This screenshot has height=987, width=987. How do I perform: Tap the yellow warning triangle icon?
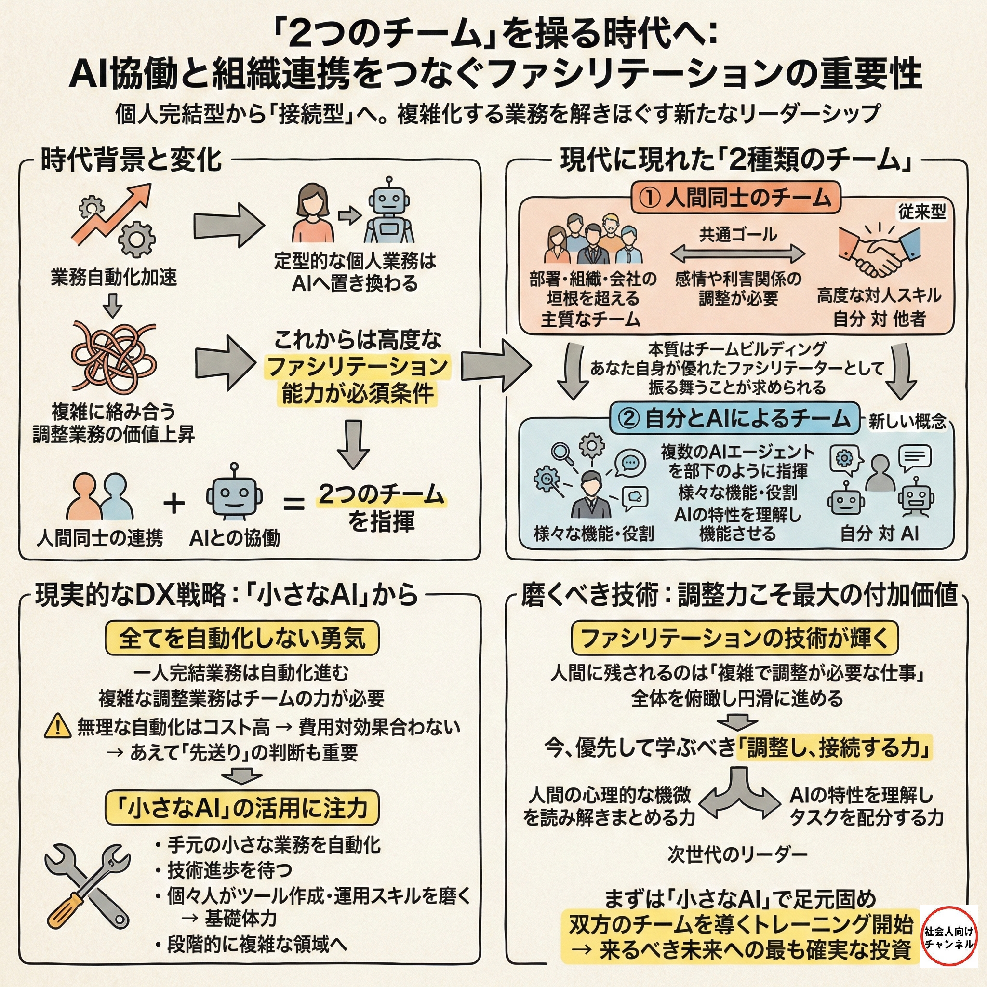click(58, 726)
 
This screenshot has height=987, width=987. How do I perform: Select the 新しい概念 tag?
click(907, 422)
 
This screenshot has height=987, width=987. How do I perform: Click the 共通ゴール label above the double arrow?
click(738, 235)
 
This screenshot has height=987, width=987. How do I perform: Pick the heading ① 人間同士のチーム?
click(735, 198)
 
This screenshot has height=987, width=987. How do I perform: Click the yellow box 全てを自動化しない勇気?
click(242, 638)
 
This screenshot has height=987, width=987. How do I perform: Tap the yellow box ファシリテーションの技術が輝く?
click(734, 638)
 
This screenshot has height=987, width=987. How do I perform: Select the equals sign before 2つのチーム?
click(294, 504)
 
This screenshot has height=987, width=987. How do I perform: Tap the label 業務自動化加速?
click(113, 278)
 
